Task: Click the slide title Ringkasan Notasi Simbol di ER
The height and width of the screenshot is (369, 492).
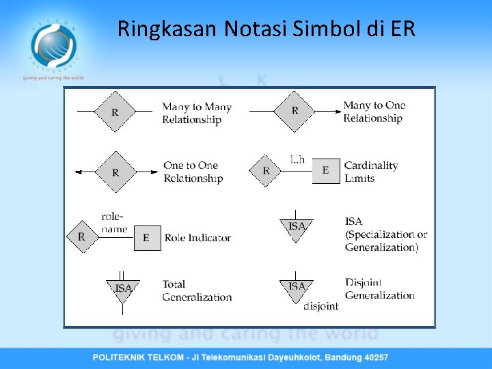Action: pyautogui.click(x=266, y=29)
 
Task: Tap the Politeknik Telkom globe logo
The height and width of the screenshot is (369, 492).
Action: pyautogui.click(x=53, y=45)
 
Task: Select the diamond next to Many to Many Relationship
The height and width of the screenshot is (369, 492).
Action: pyautogui.click(x=114, y=111)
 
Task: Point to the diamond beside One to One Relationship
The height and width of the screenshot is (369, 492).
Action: pyautogui.click(x=115, y=172)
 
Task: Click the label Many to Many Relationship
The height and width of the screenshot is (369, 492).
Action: pyautogui.click(x=197, y=113)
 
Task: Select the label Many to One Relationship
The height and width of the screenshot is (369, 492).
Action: pyautogui.click(x=374, y=111)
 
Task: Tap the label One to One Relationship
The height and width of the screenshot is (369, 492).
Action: pyautogui.click(x=193, y=172)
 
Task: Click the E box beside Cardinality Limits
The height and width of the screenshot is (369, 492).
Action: pyautogui.click(x=325, y=170)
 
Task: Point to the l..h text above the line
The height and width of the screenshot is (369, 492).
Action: pyautogui.click(x=297, y=160)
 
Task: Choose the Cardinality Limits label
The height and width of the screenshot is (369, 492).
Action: pyautogui.click(x=370, y=172)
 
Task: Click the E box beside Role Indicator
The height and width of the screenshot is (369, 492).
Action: pyautogui.click(x=146, y=238)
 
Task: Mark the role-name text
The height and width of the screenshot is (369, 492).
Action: pyautogui.click(x=114, y=223)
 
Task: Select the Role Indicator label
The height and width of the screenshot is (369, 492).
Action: pyautogui.click(x=197, y=238)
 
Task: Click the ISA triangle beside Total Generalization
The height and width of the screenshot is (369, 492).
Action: pyautogui.click(x=123, y=288)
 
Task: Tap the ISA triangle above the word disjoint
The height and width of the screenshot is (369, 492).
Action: pyautogui.click(x=297, y=287)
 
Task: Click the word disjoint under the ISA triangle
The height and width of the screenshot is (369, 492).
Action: pyautogui.click(x=320, y=306)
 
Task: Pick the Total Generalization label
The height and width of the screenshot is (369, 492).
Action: pyautogui.click(x=197, y=290)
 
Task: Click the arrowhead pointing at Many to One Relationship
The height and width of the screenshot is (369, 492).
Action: pyautogui.click(x=339, y=111)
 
